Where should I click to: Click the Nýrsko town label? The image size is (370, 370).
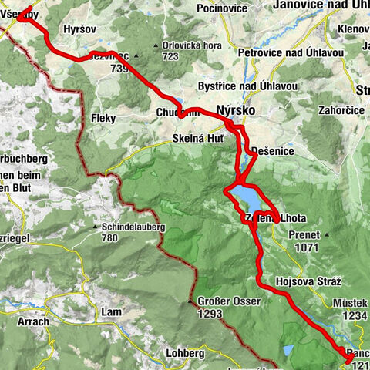coord(234,110)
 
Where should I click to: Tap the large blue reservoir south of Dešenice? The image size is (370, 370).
coord(247,197)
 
